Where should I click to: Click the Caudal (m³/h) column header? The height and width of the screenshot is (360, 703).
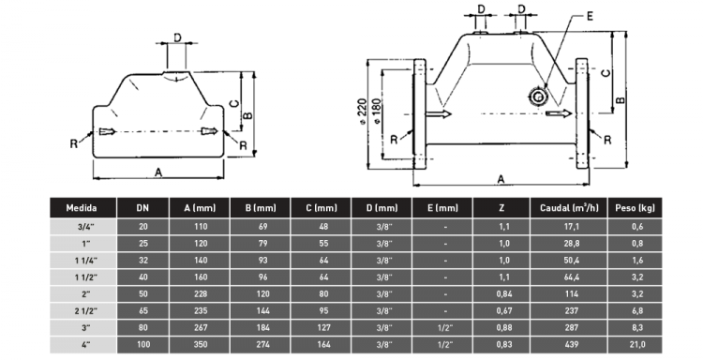569,208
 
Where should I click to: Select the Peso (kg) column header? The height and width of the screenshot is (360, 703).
635,208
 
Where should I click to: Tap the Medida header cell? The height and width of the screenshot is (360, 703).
82,208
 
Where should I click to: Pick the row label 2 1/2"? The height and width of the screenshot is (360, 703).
86,310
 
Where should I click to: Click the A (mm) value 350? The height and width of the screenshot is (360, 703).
201,344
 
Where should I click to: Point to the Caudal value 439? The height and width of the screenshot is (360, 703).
571,344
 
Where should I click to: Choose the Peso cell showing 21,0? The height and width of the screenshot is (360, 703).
637,344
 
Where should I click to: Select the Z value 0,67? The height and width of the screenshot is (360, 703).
504,310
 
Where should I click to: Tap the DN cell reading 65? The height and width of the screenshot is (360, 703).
143,310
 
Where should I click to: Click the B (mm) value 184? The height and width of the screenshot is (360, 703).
262,328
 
